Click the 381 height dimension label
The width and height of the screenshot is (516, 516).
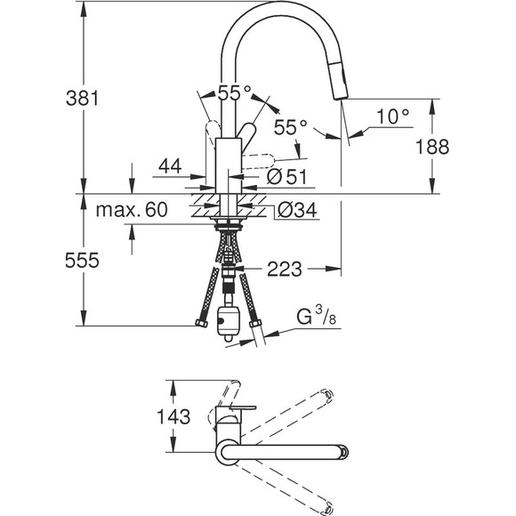pyautogui.click(x=82, y=98)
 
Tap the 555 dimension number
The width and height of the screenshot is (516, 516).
pyautogui.click(x=82, y=261)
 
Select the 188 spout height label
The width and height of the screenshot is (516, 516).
pyautogui.click(x=432, y=147)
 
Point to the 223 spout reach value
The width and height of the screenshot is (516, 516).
pyautogui.click(x=285, y=269)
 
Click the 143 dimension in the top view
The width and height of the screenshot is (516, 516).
pyautogui.click(x=173, y=416)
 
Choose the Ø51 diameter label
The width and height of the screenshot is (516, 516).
pyautogui.click(x=287, y=177)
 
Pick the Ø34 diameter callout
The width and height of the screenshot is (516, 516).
pyautogui.click(x=297, y=210)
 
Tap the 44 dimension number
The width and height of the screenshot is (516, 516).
pyautogui.click(x=170, y=165)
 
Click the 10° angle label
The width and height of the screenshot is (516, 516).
pyautogui.click(x=392, y=117)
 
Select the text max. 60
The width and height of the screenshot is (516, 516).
pyautogui.click(x=132, y=209)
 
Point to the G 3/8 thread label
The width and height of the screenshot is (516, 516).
pyautogui.click(x=316, y=316)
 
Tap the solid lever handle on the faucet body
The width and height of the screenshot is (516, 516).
pyautogui.click(x=246, y=133)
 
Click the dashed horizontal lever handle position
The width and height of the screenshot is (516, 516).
pyautogui.click(x=258, y=161)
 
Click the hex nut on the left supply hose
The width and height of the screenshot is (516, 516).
pyautogui.click(x=201, y=323)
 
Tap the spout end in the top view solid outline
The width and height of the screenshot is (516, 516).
pyautogui.click(x=343, y=452)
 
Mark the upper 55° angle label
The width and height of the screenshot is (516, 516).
pyautogui.click(x=234, y=93)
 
